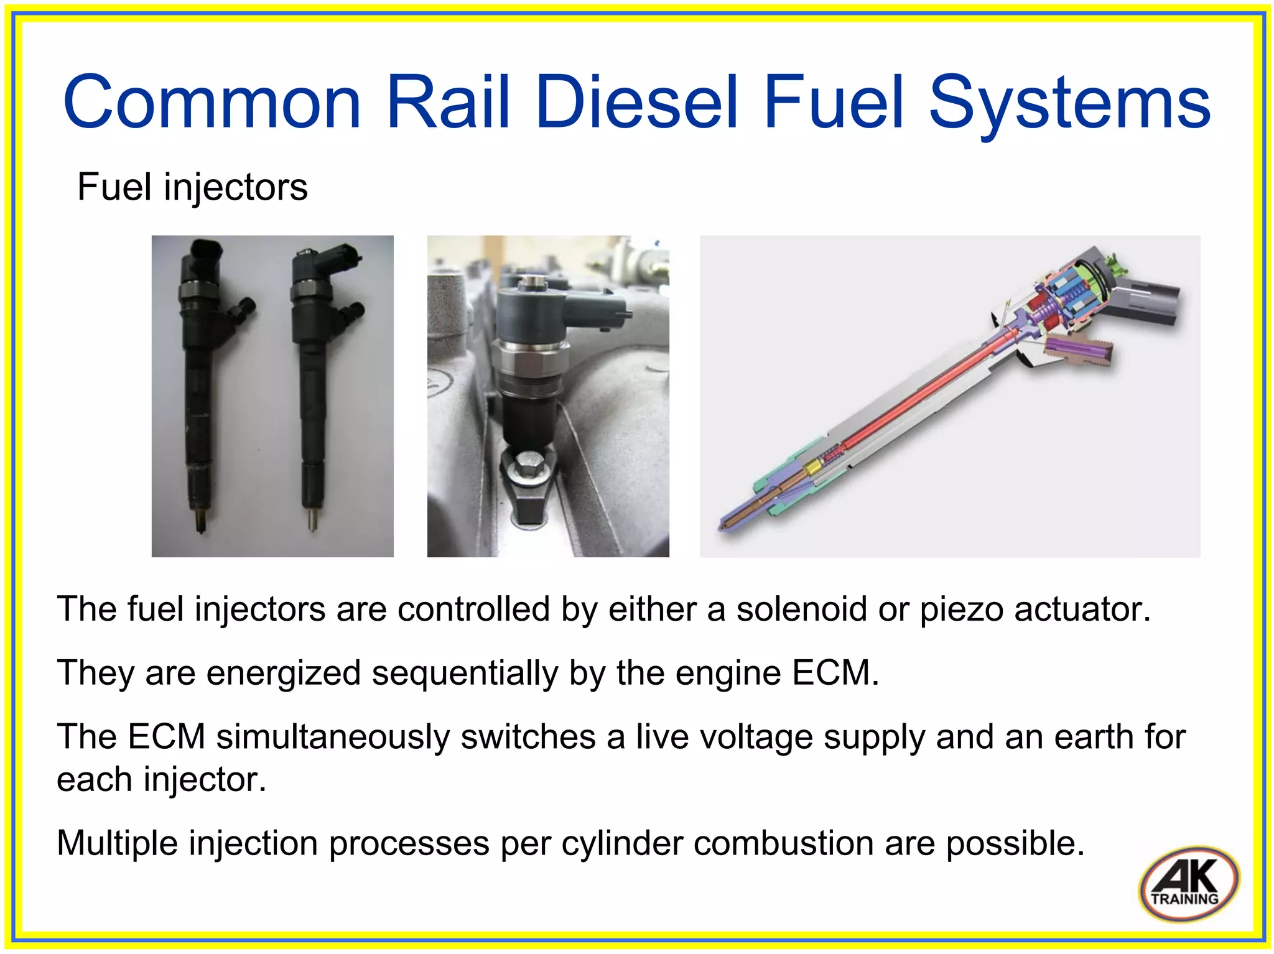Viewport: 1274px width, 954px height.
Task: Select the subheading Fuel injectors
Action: click(192, 187)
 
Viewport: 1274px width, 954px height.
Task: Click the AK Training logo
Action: click(1188, 882)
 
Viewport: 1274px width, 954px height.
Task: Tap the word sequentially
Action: click(465, 674)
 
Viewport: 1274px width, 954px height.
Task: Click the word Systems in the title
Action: click(1069, 103)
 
